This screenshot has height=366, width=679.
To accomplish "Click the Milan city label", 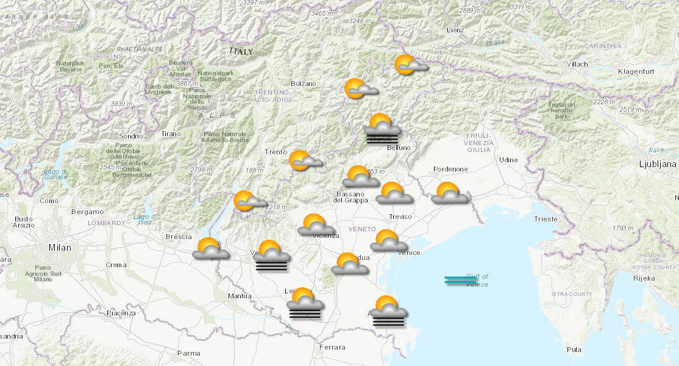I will point(60,248).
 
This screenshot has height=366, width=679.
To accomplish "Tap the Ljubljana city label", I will point(657,164).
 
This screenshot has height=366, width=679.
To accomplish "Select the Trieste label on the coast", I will point(545,219).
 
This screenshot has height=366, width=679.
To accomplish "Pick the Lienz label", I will point(455,30).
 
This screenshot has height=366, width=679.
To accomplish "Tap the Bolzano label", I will point(304,84).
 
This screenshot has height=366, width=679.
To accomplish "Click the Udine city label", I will point(508,160).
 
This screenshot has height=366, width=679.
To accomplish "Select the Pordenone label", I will point(450,169).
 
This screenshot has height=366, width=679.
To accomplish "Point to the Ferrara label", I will point(332,347).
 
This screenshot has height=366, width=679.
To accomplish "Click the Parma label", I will point(188,353).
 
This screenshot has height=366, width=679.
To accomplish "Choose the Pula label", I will point(574,350).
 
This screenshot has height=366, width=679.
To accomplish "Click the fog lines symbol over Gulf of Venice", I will point(460,280).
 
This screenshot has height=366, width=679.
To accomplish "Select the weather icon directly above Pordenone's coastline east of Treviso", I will point(450,193).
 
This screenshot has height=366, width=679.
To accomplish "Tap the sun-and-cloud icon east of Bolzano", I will point(360,90).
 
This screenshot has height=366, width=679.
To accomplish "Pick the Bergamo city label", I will point(87,212).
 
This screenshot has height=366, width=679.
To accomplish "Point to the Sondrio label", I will point(131,136).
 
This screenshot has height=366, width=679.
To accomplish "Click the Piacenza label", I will point(121,313).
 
